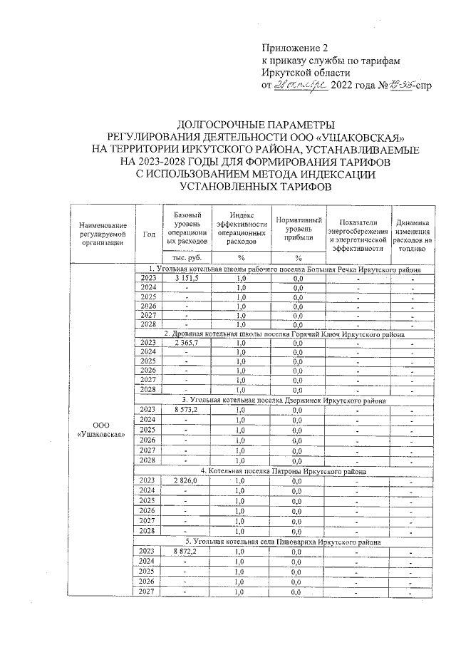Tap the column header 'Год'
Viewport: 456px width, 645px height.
point(149,233)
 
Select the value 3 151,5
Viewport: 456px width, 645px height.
point(187,278)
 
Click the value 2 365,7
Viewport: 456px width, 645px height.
point(187,343)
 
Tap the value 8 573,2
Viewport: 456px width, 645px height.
point(187,409)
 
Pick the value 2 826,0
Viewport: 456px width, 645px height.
point(187,481)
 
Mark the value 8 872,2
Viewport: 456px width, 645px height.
point(187,551)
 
